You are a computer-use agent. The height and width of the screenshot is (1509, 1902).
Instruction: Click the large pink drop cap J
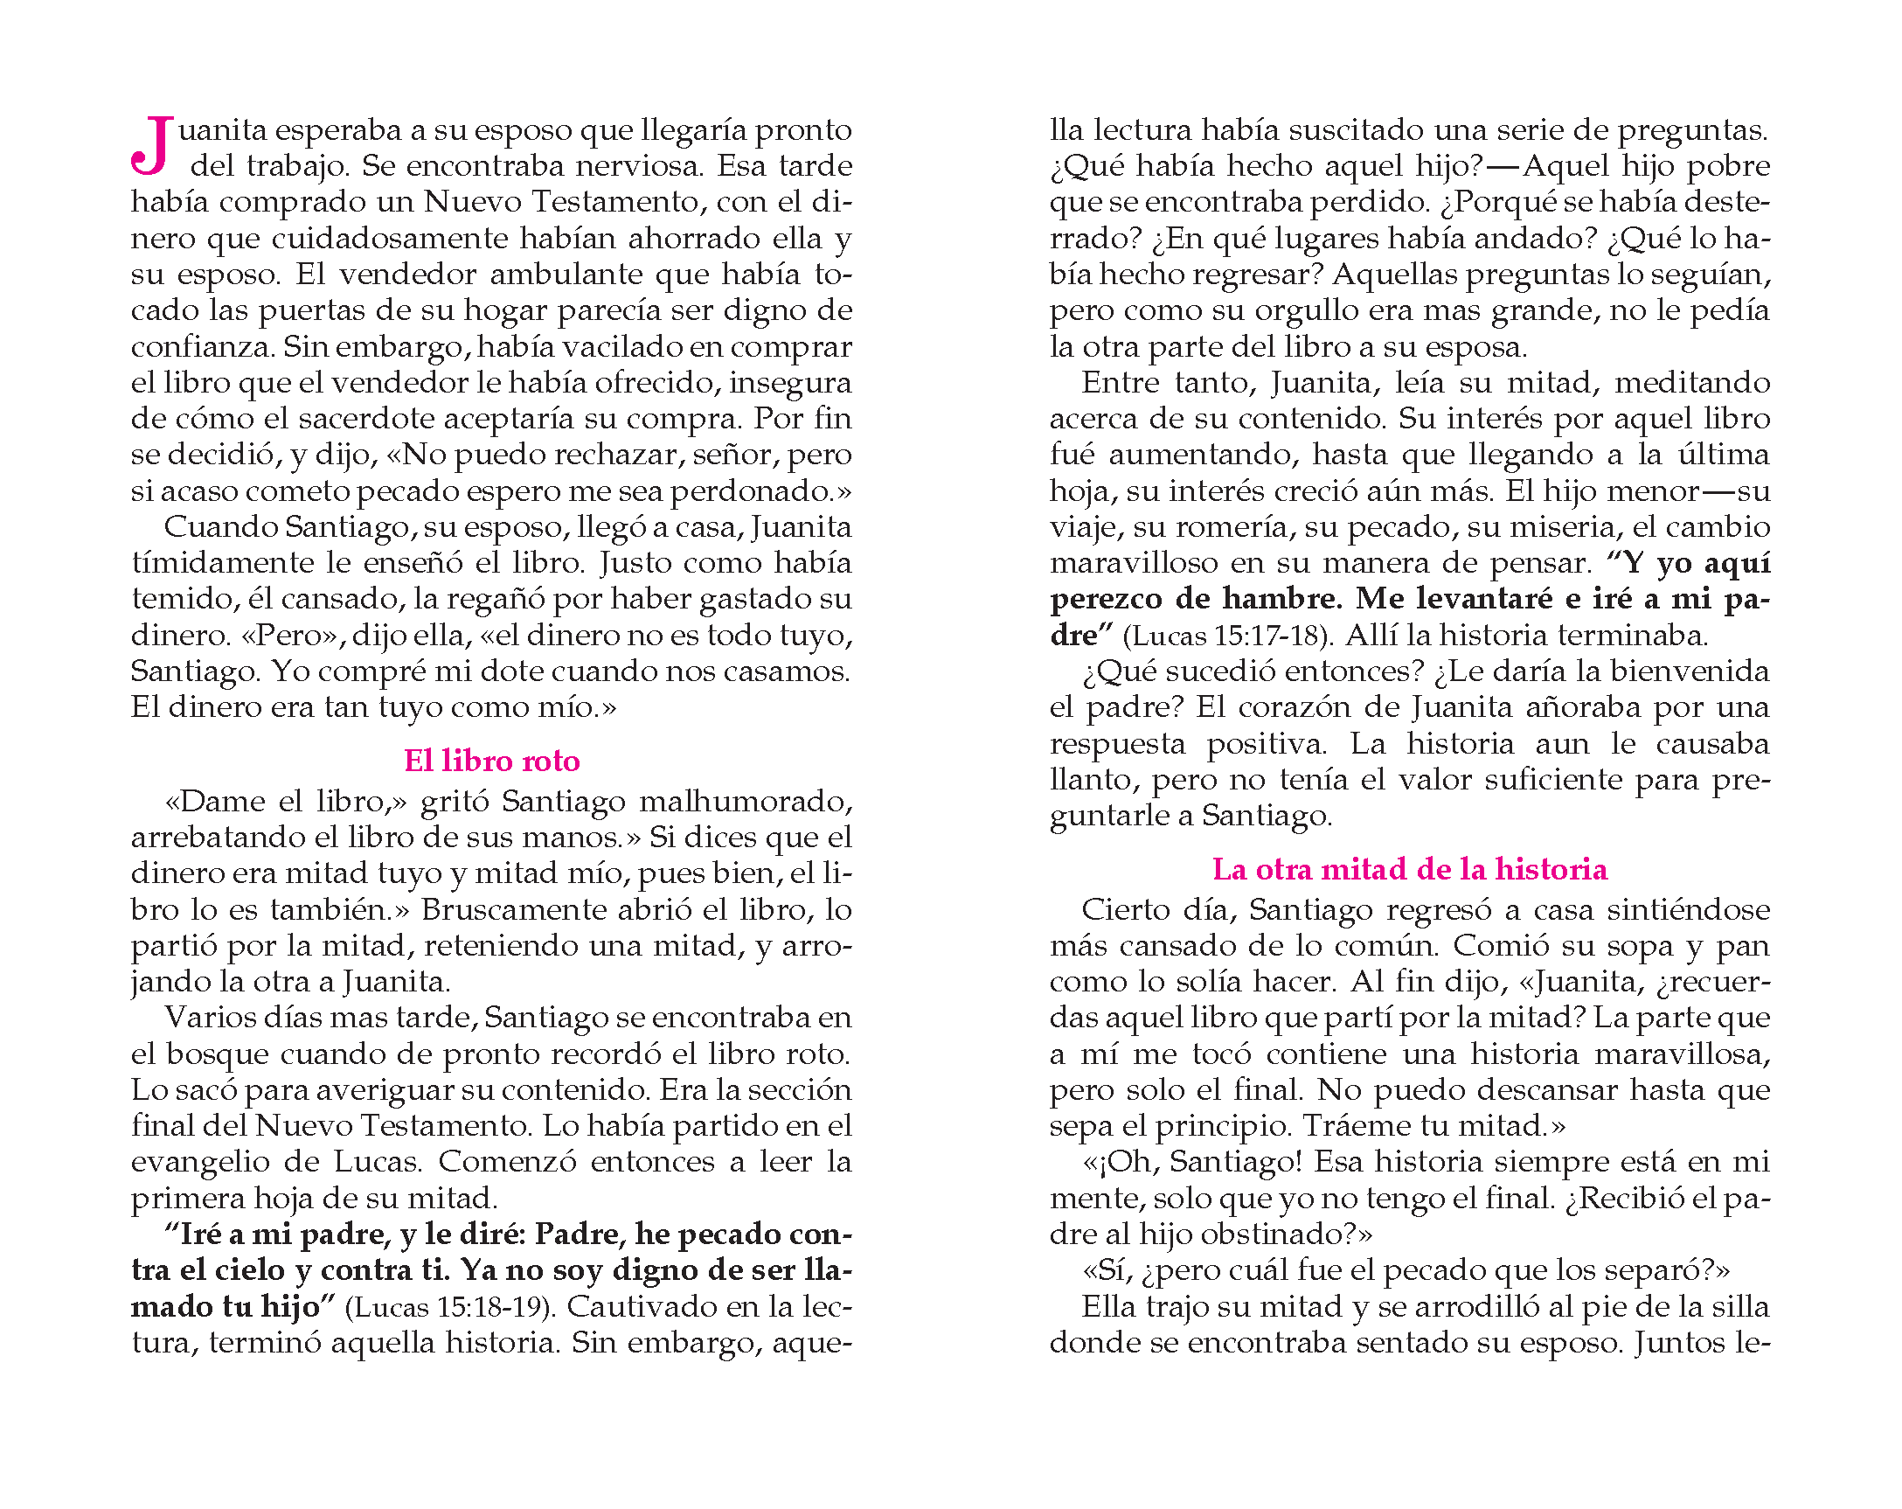click(x=151, y=147)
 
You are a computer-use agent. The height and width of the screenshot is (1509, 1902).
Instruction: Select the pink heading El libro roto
click(x=491, y=761)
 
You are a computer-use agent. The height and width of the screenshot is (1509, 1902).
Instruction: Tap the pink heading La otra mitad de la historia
click(x=1409, y=869)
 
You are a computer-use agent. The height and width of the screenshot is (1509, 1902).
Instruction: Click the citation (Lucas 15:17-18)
click(x=1229, y=636)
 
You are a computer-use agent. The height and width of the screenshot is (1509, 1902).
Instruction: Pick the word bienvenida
click(x=1689, y=671)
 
